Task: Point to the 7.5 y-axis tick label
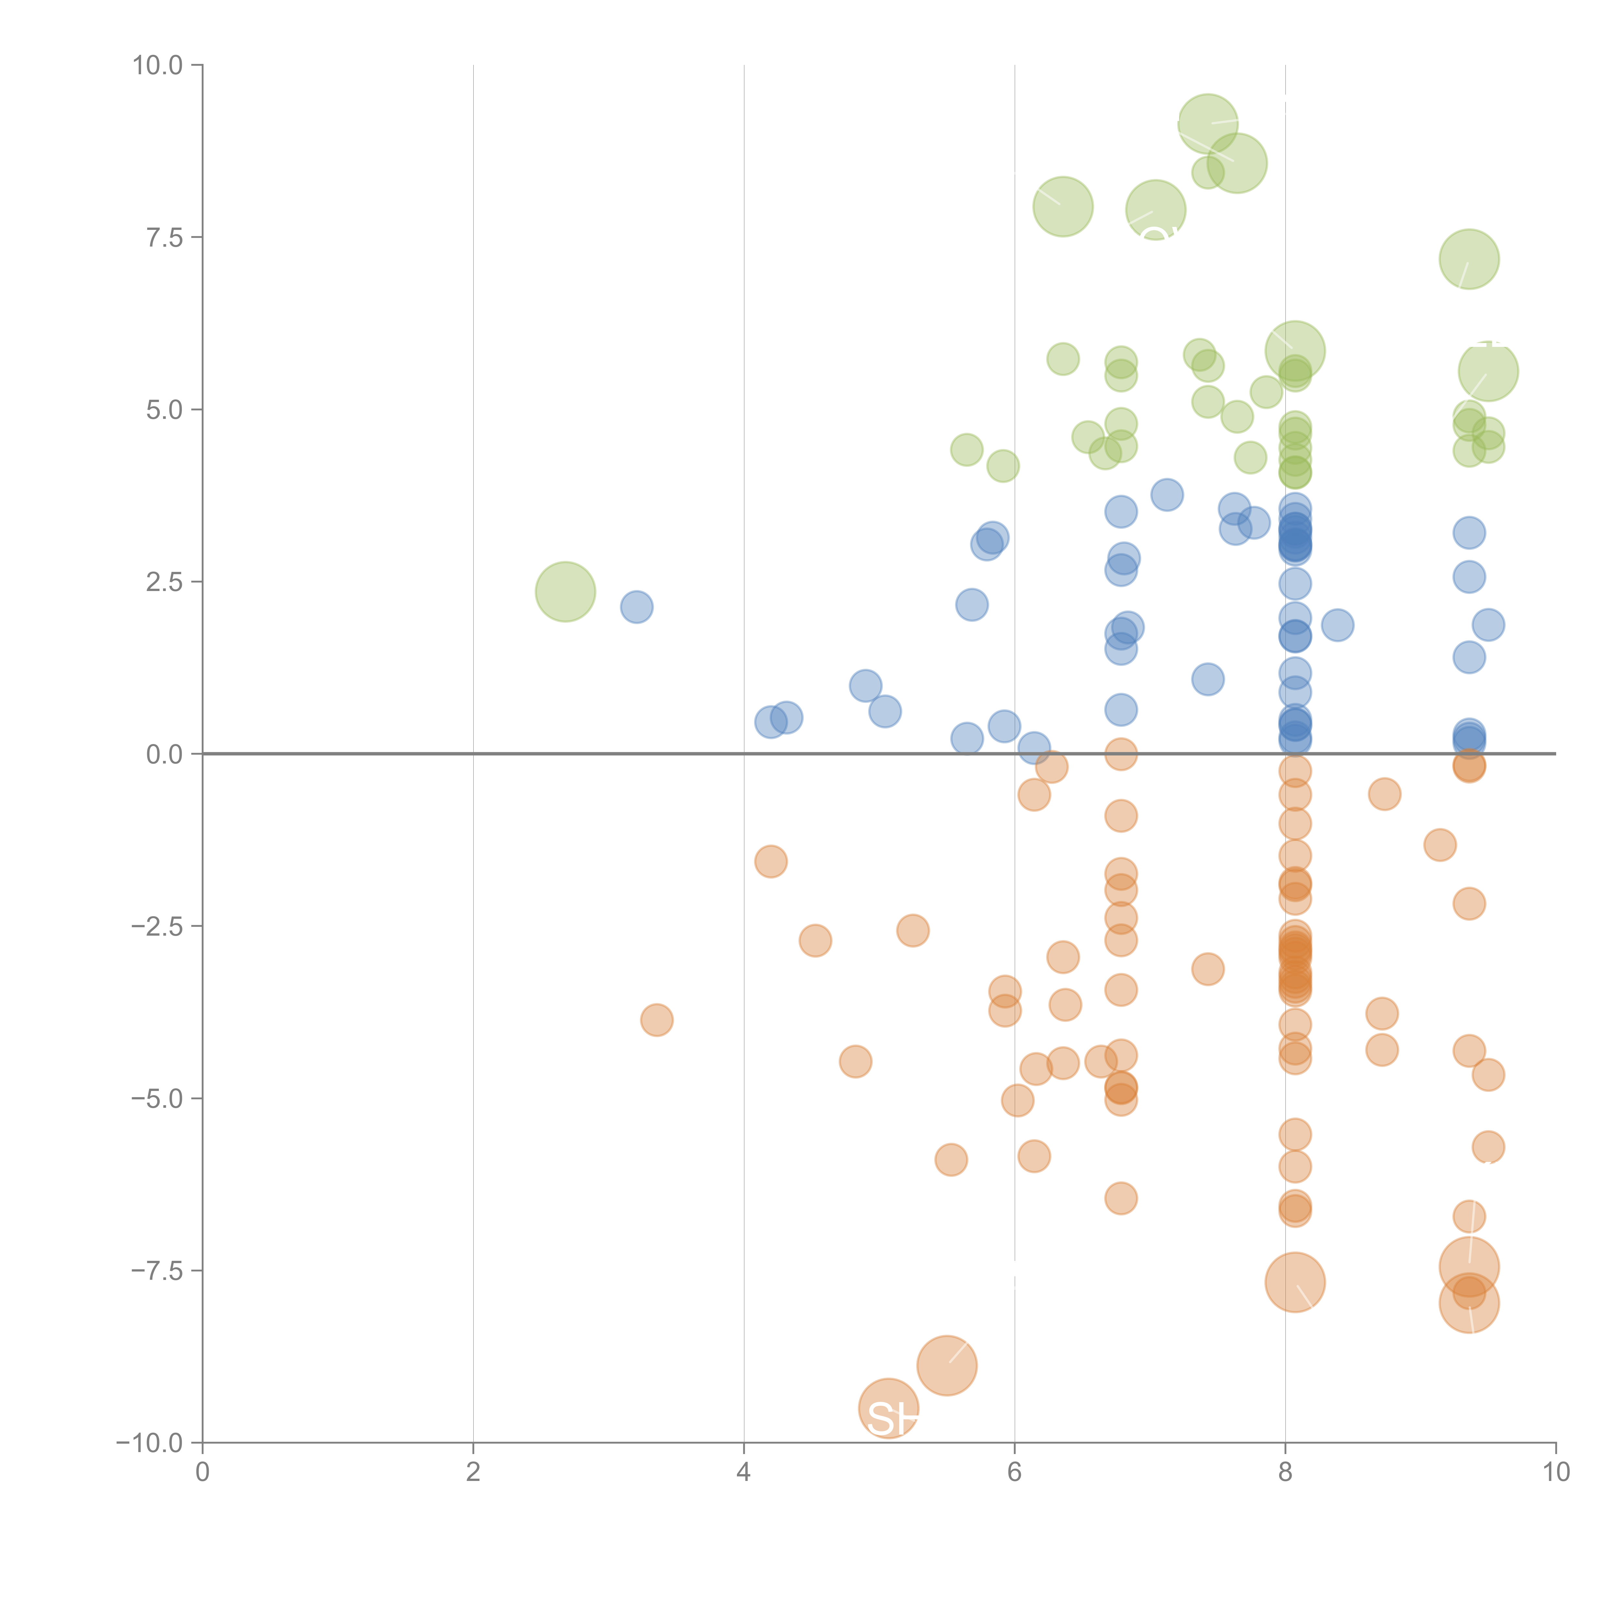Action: [164, 237]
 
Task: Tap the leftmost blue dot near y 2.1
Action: [637, 607]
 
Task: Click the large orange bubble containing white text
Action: [889, 1408]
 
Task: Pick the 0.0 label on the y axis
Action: [164, 754]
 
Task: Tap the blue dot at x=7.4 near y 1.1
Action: [1207, 679]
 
